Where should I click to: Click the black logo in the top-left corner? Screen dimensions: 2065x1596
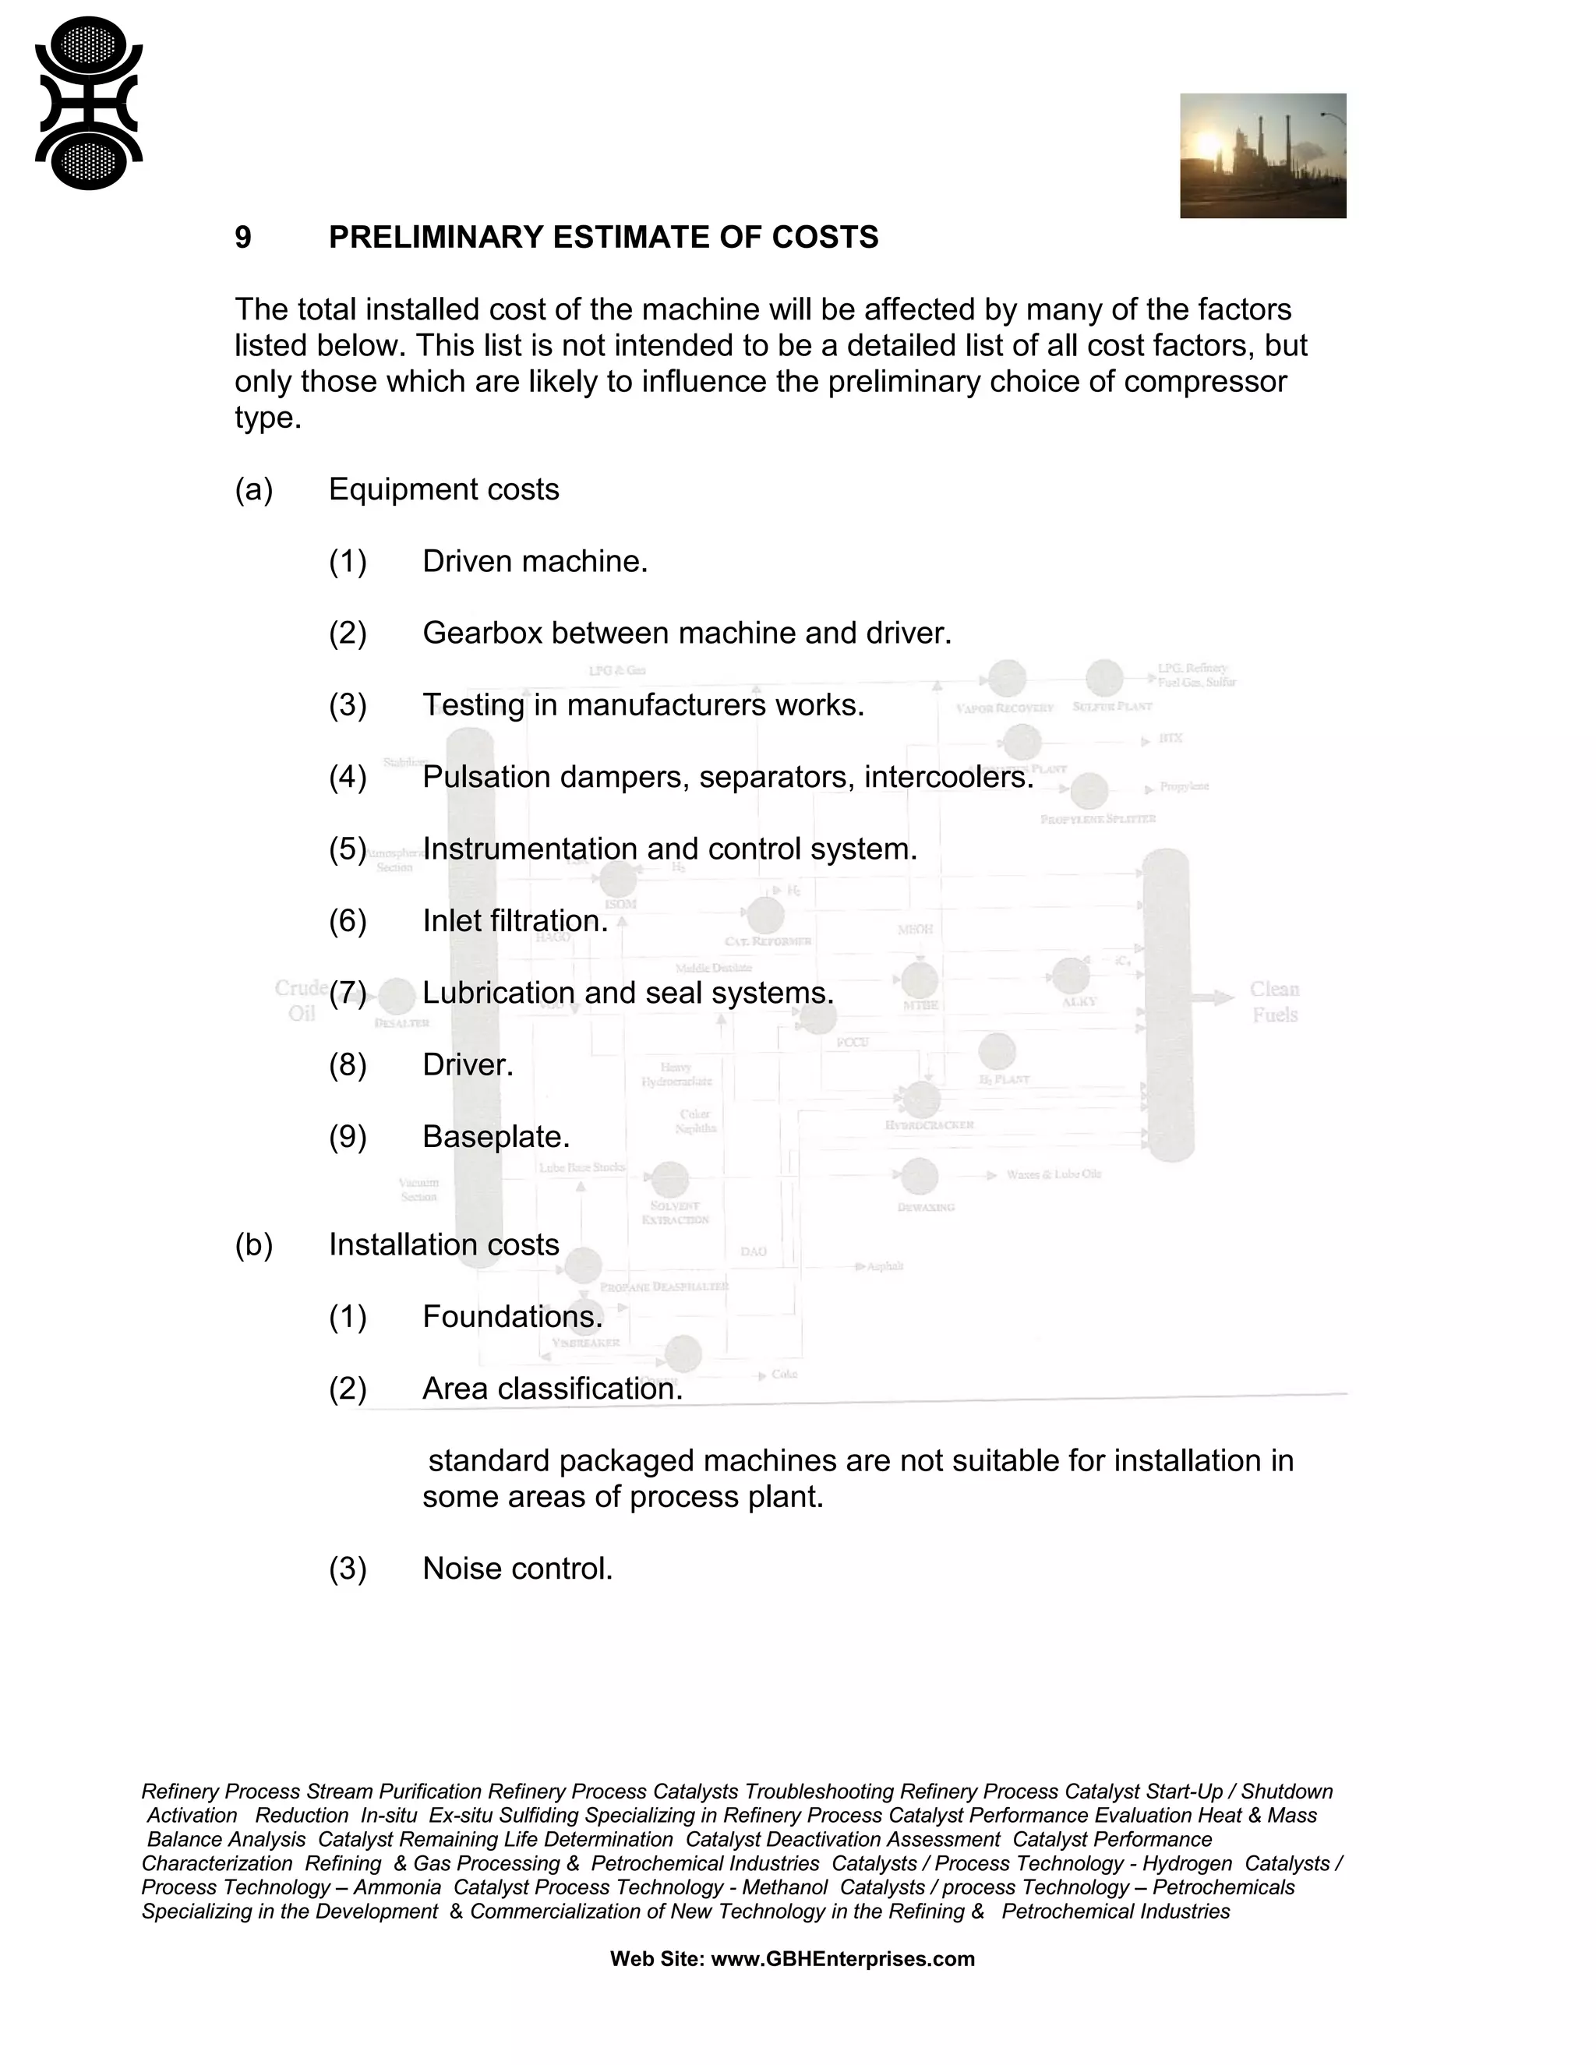(88, 103)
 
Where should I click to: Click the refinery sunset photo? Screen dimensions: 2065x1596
(1262, 156)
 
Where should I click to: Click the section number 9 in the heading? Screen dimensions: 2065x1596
(243, 238)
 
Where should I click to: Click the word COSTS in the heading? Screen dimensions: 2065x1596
(824, 238)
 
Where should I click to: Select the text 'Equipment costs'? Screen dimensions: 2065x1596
(443, 490)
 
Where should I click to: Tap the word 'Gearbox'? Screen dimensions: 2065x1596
(482, 634)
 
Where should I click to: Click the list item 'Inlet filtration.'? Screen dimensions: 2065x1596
(514, 921)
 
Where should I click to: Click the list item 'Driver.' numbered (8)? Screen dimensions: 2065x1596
(467, 1064)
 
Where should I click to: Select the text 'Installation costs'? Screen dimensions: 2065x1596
(443, 1244)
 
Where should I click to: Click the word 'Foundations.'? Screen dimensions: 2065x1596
(511, 1316)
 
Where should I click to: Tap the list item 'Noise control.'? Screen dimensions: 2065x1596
(517, 1569)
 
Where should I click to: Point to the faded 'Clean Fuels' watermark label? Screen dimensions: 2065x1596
(1273, 1002)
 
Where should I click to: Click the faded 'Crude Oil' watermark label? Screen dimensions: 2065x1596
(301, 1001)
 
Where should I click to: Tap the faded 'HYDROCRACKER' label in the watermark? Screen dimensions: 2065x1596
(928, 1125)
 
